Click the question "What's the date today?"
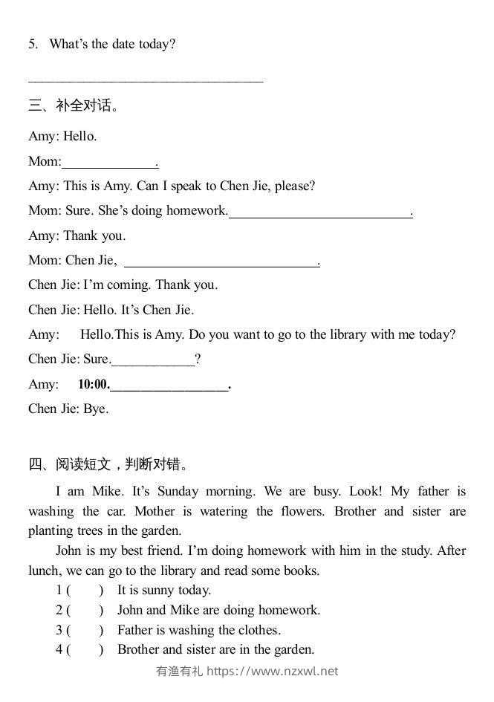(112, 45)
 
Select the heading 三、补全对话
(74, 105)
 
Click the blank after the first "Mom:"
(110, 162)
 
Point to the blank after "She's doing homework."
(320, 212)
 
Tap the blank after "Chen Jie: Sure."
(153, 360)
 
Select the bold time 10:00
(93, 385)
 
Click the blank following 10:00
(170, 386)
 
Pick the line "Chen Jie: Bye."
(68, 409)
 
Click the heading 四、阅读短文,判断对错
(108, 465)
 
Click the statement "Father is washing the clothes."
(199, 631)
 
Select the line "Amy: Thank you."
(77, 236)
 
